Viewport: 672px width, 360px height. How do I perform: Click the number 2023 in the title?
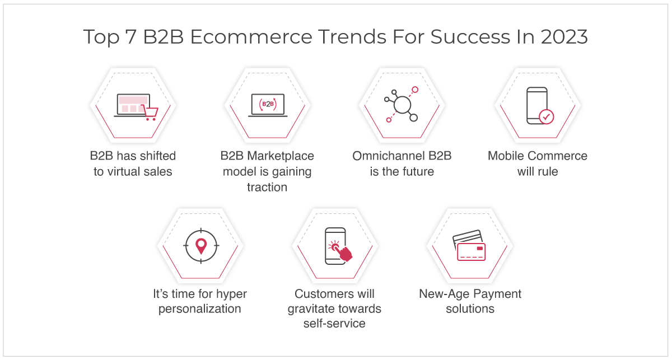pyautogui.click(x=564, y=36)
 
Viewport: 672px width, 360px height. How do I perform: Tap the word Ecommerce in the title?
pyautogui.click(x=251, y=36)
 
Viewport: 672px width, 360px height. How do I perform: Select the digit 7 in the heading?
pyautogui.click(x=130, y=36)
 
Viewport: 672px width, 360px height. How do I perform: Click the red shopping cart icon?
pyautogui.click(x=150, y=112)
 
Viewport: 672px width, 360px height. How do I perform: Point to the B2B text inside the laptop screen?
pyautogui.click(x=268, y=104)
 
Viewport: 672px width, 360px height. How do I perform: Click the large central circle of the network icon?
pyautogui.click(x=402, y=104)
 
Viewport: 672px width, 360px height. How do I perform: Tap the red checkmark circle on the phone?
pyautogui.click(x=547, y=116)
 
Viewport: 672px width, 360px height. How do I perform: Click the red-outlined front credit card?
pyautogui.click(x=472, y=251)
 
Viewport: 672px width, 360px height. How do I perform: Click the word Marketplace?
pyautogui.click(x=280, y=156)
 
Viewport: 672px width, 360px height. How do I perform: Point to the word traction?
pyautogui.click(x=267, y=187)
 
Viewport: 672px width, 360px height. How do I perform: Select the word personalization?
pyautogui.click(x=200, y=309)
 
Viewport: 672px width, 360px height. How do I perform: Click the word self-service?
pyautogui.click(x=334, y=324)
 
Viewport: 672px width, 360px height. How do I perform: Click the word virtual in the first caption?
pyautogui.click(x=124, y=171)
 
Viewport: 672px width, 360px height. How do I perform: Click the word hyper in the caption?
pyautogui.click(x=232, y=294)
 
